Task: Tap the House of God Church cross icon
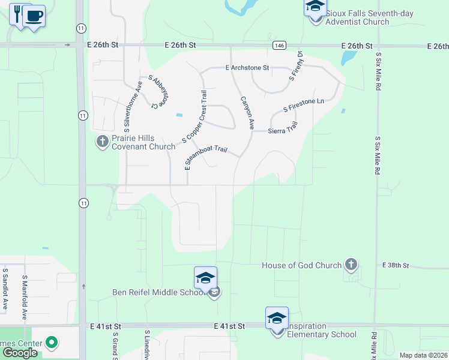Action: coord(351,265)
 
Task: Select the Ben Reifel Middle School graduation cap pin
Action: coord(205,278)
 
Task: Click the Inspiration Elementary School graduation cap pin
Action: coord(277,318)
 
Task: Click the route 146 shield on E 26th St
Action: coord(279,46)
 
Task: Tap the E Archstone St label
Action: coord(247,68)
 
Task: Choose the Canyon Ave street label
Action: coord(247,113)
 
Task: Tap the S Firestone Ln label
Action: coord(304,106)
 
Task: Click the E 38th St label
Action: coord(396,265)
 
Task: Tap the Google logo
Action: coord(20,352)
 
